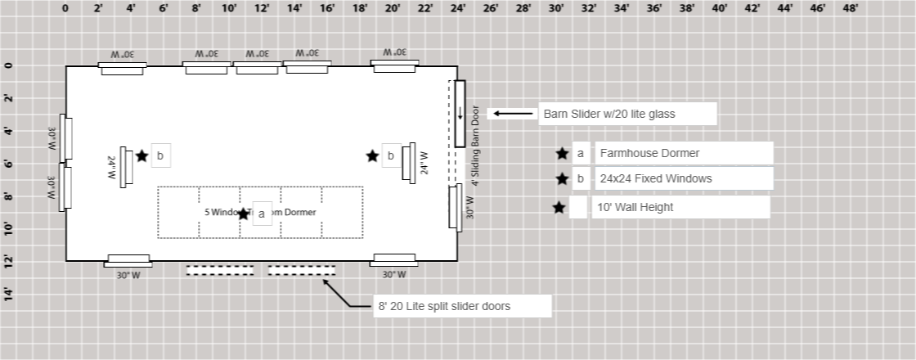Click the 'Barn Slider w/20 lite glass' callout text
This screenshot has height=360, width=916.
609,114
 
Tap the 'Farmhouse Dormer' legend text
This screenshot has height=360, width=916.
649,153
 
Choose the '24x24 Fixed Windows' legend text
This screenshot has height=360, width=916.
655,178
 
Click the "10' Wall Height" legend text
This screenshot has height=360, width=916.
636,207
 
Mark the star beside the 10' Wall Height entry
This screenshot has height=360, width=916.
559,207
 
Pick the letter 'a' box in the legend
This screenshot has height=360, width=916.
580,153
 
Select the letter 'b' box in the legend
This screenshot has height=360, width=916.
580,178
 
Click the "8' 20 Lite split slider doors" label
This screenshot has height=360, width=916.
444,306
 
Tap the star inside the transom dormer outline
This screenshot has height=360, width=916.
243,214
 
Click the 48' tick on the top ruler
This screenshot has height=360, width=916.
851,8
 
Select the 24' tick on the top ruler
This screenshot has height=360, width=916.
458,8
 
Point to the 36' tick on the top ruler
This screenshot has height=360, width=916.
654,8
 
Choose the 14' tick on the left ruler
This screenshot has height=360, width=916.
9,294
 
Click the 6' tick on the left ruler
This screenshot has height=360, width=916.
9,163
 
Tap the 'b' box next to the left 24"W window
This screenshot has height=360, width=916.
160,155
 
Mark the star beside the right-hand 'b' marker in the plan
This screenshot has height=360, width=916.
372,155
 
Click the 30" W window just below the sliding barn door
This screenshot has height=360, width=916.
456,207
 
